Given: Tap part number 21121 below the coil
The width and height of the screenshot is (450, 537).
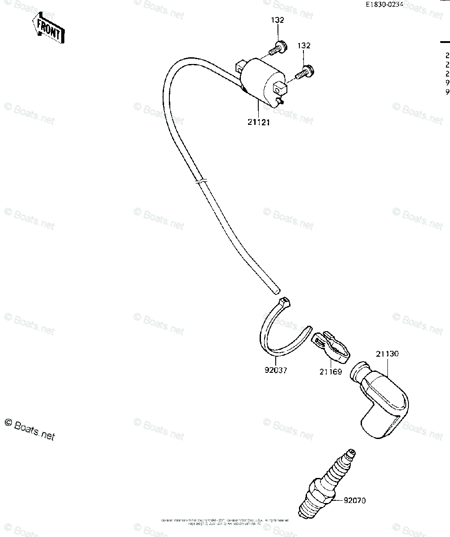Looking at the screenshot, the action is pos(258,122).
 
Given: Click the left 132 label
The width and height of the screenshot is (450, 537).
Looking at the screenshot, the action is pos(277,20).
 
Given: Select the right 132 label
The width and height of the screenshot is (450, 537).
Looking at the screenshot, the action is pos(304,46).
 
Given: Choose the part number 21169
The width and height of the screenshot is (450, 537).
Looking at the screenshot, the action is pos(331,371).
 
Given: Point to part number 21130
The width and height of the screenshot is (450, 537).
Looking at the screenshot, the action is pos(387,354).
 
